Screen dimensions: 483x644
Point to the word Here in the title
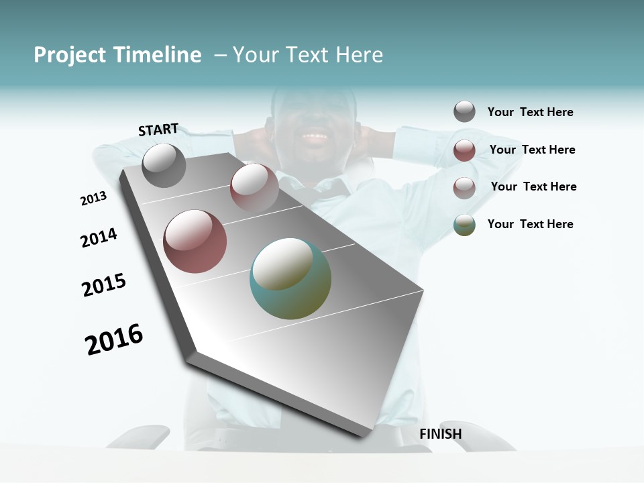(x=359, y=55)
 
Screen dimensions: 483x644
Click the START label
(x=158, y=129)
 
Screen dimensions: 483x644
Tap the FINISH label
(x=441, y=434)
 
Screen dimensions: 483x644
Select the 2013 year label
(x=93, y=199)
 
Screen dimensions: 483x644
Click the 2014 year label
(x=99, y=237)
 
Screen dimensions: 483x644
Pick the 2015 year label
(x=104, y=285)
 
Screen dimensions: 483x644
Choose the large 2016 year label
(x=114, y=339)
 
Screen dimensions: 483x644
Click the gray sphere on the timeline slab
(x=164, y=165)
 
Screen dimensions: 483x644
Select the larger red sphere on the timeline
(x=195, y=241)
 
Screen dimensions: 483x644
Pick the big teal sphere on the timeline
(x=290, y=278)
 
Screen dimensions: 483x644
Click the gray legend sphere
(x=464, y=111)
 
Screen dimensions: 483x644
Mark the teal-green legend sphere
(x=464, y=225)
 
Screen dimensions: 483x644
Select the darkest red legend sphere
(x=464, y=150)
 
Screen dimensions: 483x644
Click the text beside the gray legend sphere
(x=530, y=112)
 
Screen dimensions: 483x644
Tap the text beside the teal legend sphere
(x=530, y=224)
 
